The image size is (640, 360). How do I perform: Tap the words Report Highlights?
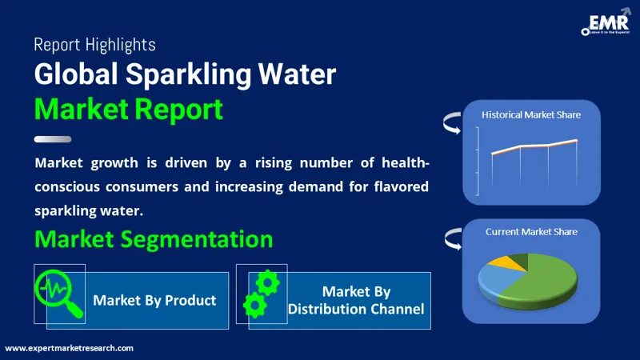click(x=95, y=45)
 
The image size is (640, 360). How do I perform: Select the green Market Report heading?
click(x=128, y=109)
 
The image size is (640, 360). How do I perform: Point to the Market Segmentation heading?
click(x=154, y=238)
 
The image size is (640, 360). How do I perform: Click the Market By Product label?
click(x=154, y=301)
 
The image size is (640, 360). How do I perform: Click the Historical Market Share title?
click(x=531, y=114)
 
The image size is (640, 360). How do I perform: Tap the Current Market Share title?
click(x=531, y=231)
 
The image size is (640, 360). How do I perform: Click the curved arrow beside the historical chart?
click(x=449, y=125)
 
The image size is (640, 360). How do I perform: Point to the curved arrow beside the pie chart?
click(x=449, y=238)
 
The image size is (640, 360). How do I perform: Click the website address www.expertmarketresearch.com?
click(x=70, y=349)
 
